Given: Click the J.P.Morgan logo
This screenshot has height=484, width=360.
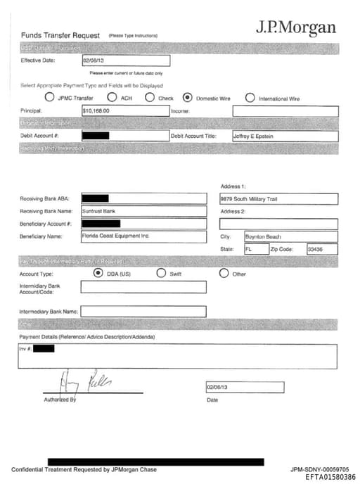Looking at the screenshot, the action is pyautogui.click(x=295, y=28).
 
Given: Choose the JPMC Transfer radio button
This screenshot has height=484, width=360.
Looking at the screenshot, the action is pyautogui.click(x=49, y=97).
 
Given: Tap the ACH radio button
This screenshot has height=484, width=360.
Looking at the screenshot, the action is pyautogui.click(x=112, y=97).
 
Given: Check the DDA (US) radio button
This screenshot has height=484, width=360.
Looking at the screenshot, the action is pyautogui.click(x=98, y=273).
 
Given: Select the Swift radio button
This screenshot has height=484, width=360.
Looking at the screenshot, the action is pyautogui.click(x=161, y=273).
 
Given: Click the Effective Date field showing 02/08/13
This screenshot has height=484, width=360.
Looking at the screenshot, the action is pyautogui.click(x=125, y=61).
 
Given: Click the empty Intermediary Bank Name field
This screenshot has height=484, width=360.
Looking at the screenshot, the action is pyautogui.click(x=143, y=311).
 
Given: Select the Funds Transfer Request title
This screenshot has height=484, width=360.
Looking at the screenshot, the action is pyautogui.click(x=62, y=34).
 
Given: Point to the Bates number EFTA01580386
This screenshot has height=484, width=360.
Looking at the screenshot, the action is pyautogui.click(x=330, y=477).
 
